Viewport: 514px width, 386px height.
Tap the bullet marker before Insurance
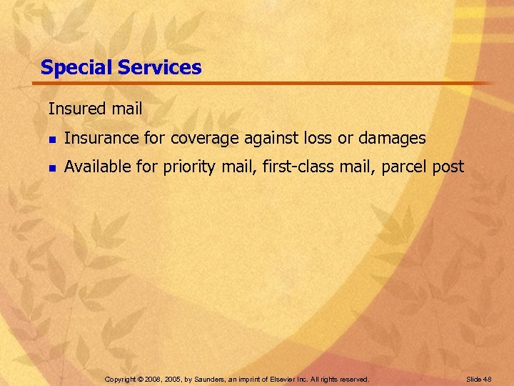[51, 139]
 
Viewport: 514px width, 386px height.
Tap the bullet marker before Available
[51, 168]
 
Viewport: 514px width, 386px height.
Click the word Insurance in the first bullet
[96, 138]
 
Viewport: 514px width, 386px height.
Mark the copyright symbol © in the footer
[142, 379]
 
